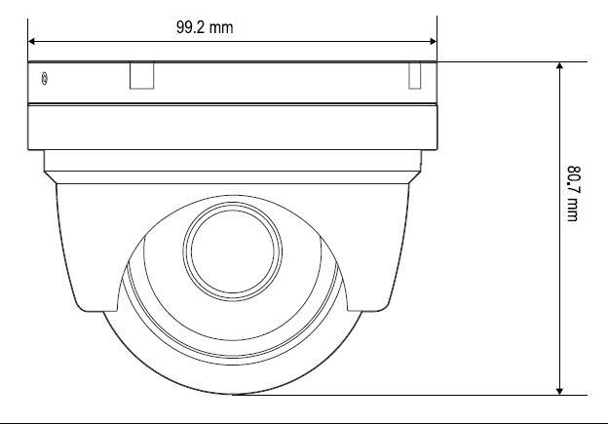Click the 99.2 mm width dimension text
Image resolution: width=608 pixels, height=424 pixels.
coord(205,27)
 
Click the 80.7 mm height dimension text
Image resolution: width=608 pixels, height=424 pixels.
coord(573,194)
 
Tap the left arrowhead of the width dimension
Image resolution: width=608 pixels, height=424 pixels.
coord(32,42)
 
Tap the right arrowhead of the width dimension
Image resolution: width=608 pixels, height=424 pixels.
coord(434,42)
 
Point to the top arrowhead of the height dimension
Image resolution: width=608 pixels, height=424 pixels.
coord(559,65)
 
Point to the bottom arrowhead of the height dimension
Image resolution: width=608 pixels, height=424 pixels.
coord(559,391)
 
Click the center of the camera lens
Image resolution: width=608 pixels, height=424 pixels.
coord(233,251)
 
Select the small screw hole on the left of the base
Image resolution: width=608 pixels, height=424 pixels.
coord(45,79)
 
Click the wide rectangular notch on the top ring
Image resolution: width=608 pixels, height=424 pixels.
coord(142,76)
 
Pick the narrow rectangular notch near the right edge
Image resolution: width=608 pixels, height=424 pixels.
coord(415,76)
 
